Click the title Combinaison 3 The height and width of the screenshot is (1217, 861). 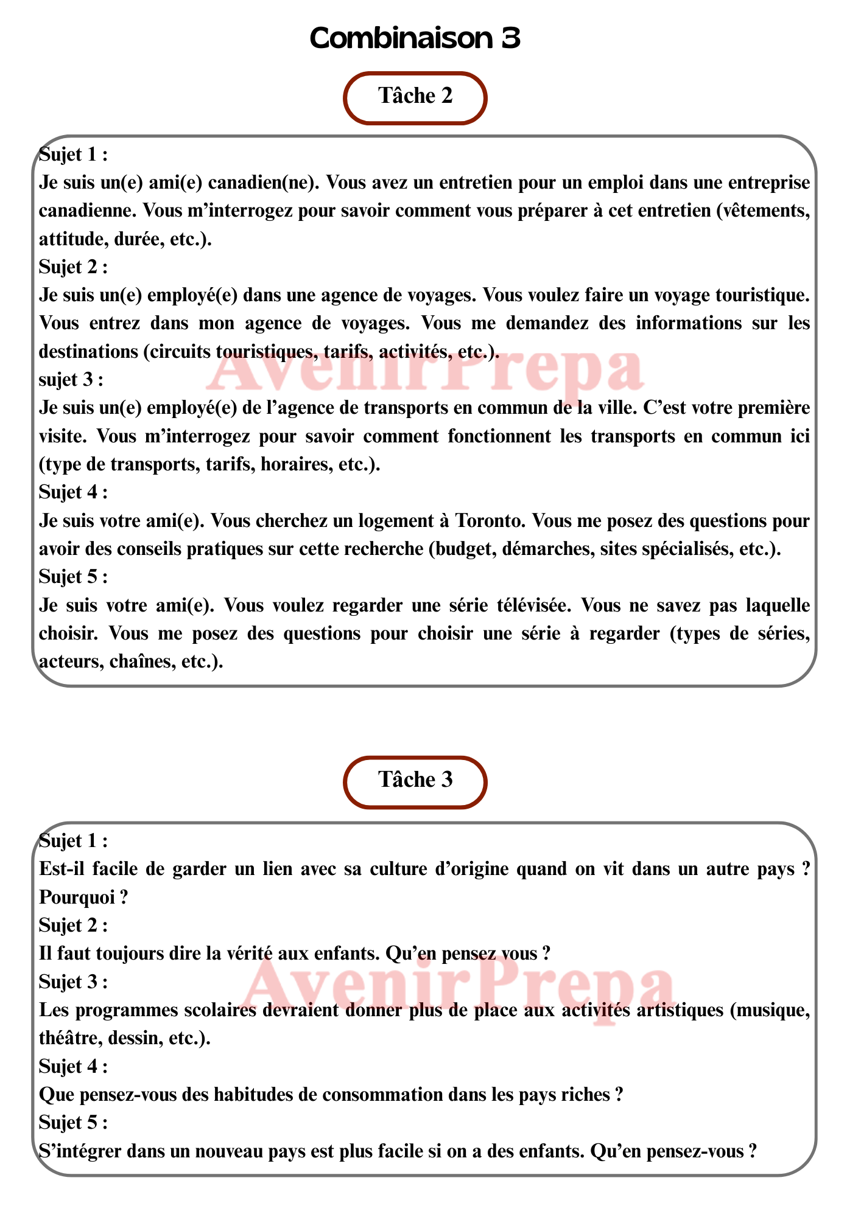click(x=415, y=38)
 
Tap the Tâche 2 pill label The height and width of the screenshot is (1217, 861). click(x=415, y=96)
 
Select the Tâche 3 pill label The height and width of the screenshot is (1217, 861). click(x=415, y=780)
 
